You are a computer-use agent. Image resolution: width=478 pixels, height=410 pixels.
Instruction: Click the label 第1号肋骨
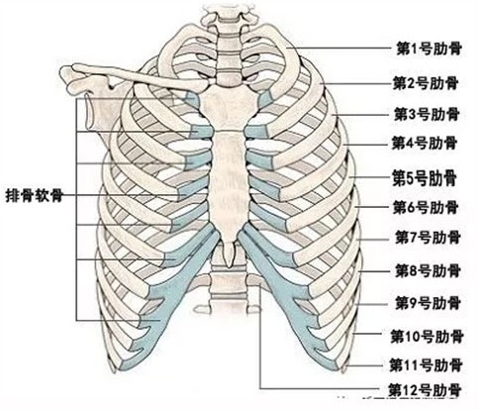pyautogui.click(x=429, y=49)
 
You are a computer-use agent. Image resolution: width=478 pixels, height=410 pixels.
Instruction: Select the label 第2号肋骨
pyautogui.click(x=426, y=83)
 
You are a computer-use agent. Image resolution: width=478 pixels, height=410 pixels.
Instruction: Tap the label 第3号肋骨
pyautogui.click(x=427, y=114)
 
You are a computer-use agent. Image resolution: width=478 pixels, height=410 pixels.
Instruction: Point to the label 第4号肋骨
pyautogui.click(x=425, y=144)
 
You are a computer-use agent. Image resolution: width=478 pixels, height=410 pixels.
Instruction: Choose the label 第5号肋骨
pyautogui.click(x=425, y=178)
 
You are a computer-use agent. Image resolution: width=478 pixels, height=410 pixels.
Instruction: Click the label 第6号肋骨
pyautogui.click(x=426, y=207)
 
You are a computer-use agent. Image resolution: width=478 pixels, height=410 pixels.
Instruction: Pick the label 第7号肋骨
pyautogui.click(x=428, y=238)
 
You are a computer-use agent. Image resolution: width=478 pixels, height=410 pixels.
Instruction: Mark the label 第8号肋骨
pyautogui.click(x=428, y=271)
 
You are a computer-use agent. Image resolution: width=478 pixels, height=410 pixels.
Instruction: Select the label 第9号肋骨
pyautogui.click(x=428, y=302)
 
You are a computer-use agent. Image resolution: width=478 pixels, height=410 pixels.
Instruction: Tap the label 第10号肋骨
pyautogui.click(x=428, y=337)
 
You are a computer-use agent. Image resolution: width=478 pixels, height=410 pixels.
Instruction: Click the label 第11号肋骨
pyautogui.click(x=427, y=365)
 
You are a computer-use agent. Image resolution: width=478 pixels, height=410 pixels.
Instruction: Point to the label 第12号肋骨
pyautogui.click(x=425, y=390)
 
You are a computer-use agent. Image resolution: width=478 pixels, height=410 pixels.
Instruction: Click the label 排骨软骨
pyautogui.click(x=35, y=196)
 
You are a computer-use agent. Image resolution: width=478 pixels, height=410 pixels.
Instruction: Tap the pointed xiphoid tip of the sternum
pyautogui.click(x=229, y=264)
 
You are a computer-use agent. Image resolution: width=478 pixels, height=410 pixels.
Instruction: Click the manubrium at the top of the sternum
pyautogui.click(x=229, y=106)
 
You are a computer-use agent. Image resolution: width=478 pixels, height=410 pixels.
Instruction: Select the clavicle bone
pyautogui.click(x=139, y=78)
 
